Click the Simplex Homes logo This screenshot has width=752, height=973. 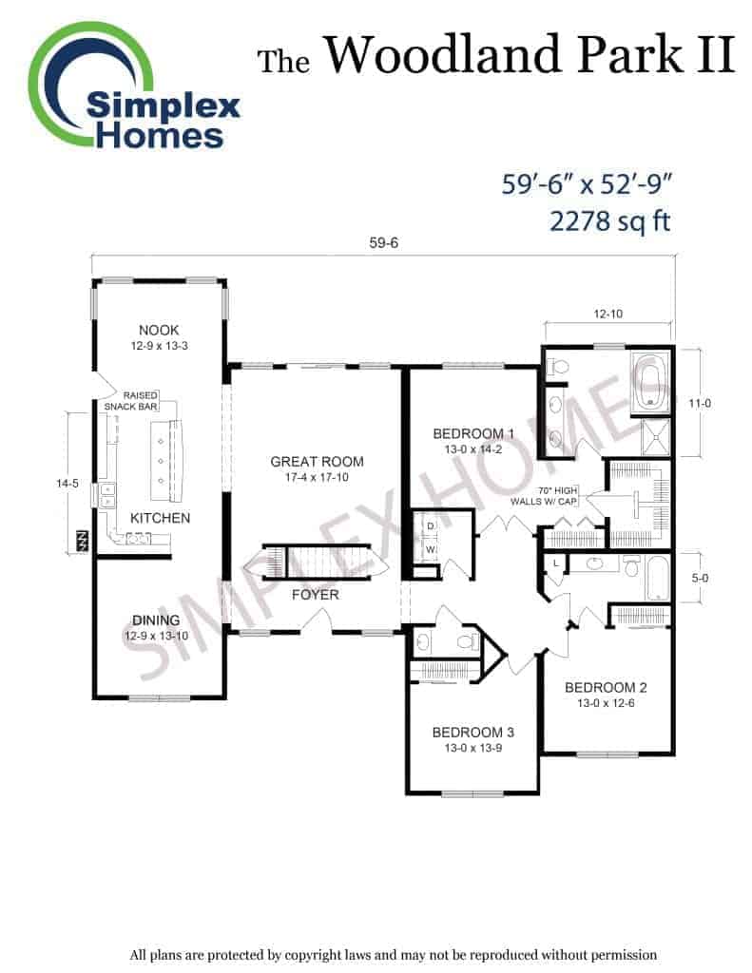click(133, 86)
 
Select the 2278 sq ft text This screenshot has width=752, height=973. click(610, 220)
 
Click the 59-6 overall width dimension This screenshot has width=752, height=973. click(383, 242)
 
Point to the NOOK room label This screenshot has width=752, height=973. click(159, 330)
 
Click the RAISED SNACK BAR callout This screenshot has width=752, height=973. click(131, 401)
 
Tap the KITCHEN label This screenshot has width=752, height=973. click(161, 518)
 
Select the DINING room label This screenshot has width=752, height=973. click(156, 620)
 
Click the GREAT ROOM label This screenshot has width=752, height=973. click(317, 462)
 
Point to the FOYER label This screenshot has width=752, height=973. click(316, 595)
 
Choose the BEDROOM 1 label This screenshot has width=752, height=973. click(473, 433)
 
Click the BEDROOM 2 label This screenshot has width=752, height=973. click(606, 688)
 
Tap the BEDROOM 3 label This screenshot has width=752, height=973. click(473, 733)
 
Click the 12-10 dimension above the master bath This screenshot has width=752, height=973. click(607, 314)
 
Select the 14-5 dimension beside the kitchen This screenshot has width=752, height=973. click(67, 484)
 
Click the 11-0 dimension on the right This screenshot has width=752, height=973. click(700, 403)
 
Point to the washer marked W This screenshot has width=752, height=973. click(431, 550)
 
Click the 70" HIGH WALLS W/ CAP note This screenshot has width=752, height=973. click(544, 496)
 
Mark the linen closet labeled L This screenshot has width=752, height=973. click(556, 563)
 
